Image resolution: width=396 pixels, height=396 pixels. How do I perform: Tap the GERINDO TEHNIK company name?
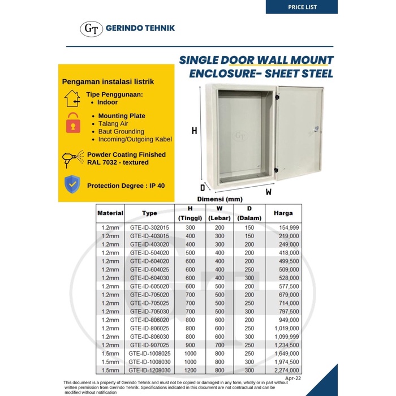[x=140, y=28]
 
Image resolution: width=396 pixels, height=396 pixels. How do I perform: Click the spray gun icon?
[x=72, y=158]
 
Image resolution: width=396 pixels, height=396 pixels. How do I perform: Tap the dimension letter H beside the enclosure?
[x=194, y=131]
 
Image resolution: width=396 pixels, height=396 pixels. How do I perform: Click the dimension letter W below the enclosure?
[x=269, y=191]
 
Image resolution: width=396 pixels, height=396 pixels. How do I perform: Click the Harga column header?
[x=283, y=213]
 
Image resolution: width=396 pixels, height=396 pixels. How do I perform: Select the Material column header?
[x=110, y=213]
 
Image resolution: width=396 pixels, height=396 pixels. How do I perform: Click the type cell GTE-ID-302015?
[x=149, y=227]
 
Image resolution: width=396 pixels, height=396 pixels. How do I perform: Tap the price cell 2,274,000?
[x=285, y=371]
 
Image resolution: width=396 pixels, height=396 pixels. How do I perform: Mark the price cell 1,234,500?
[x=285, y=345]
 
